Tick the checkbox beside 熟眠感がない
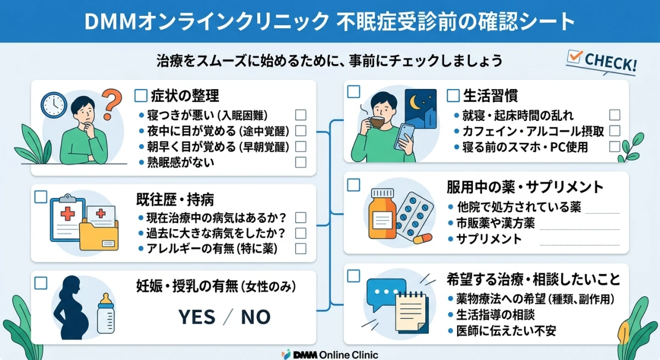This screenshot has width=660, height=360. (x=300, y=162)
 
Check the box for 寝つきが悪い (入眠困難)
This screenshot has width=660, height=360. (x=300, y=115)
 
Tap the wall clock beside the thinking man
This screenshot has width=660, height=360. (x=53, y=104)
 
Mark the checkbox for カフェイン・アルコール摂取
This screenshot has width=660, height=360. (x=614, y=131)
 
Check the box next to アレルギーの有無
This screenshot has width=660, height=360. (x=300, y=248)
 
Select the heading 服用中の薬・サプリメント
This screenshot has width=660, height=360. (x=525, y=187)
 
